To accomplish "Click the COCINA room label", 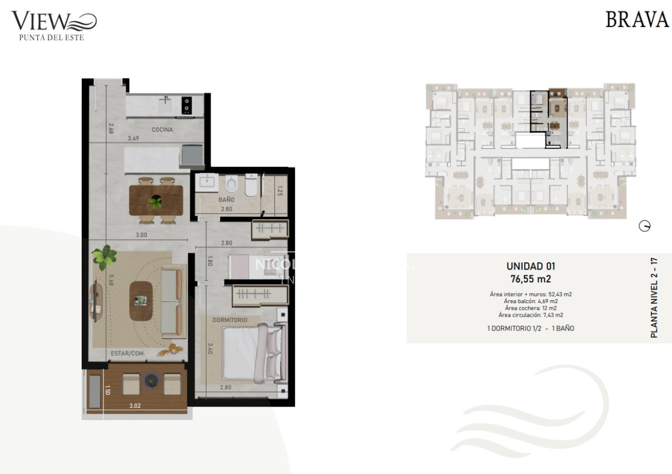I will click(x=162, y=129).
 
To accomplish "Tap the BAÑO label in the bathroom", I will click(x=226, y=199).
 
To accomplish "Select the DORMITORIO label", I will click(x=230, y=320).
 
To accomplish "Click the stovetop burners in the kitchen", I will click(x=187, y=104).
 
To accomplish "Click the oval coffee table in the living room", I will click(x=141, y=300).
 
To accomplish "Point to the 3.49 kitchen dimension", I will click(x=133, y=138).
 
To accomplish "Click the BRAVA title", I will click(x=637, y=20).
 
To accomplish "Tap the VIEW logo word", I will click(x=40, y=21).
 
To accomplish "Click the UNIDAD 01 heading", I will click(x=530, y=267).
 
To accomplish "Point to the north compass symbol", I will click(x=645, y=226).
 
